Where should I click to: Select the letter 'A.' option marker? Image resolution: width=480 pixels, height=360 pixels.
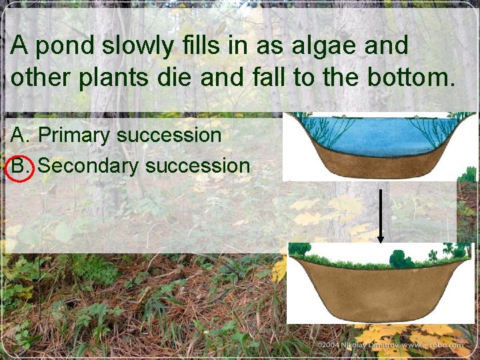[20, 135]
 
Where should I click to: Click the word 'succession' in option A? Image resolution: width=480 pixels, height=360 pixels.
[169, 135]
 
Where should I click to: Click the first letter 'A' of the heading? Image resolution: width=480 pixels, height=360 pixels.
[19, 47]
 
